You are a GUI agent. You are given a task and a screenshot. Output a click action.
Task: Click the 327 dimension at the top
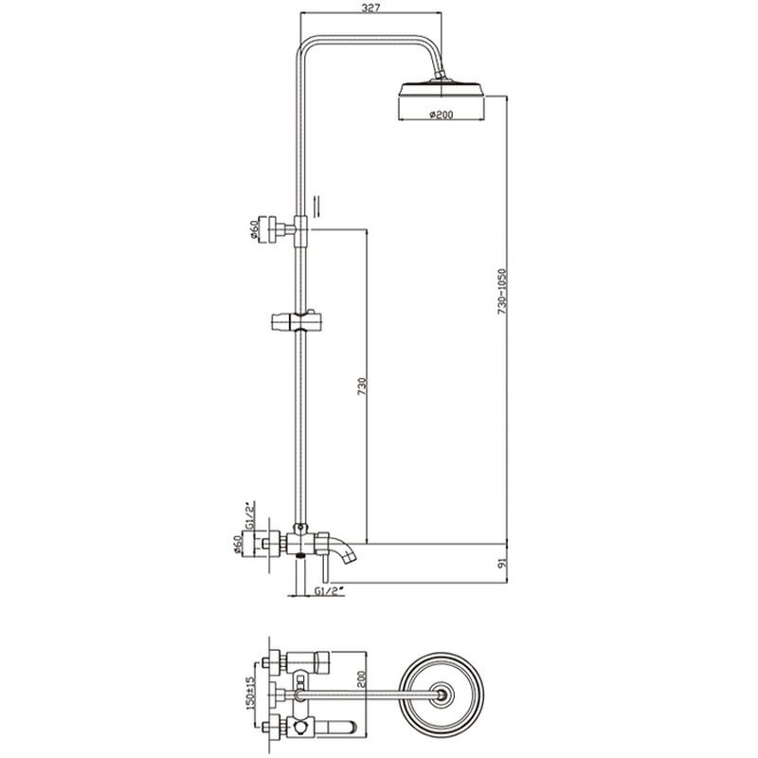(x=370, y=8)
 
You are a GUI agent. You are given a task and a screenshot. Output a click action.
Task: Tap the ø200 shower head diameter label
(x=441, y=115)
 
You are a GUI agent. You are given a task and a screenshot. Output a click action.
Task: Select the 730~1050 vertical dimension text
(x=502, y=292)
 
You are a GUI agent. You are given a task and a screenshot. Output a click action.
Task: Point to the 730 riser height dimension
(x=363, y=387)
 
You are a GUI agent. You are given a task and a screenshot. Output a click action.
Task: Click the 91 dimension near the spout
(x=501, y=563)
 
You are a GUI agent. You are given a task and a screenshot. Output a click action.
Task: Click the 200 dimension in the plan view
(x=363, y=678)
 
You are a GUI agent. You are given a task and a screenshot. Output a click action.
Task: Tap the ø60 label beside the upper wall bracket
(x=253, y=229)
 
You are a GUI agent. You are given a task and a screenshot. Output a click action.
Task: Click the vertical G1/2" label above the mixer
(x=250, y=515)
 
